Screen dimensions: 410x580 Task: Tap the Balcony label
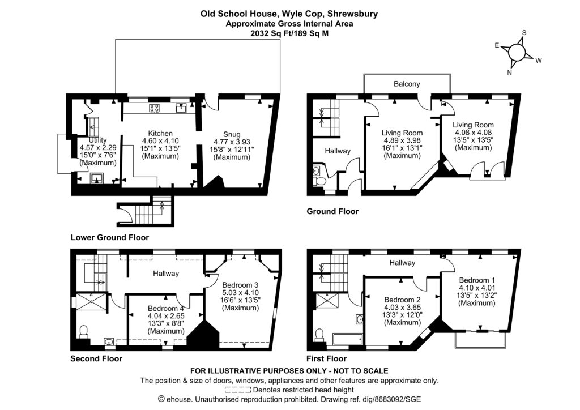[407, 84]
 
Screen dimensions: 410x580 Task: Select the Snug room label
[231, 134]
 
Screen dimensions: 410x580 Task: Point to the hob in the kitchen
[154, 108]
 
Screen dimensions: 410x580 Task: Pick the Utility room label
[97, 140]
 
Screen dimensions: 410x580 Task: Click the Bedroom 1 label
[477, 280]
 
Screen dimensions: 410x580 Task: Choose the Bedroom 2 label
[402, 300]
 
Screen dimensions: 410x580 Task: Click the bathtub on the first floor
[346, 339]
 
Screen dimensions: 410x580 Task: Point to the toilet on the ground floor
[319, 181]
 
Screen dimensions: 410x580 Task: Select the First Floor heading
[326, 358]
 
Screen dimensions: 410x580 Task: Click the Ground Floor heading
[332, 212]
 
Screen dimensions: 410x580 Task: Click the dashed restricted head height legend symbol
[237, 390]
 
